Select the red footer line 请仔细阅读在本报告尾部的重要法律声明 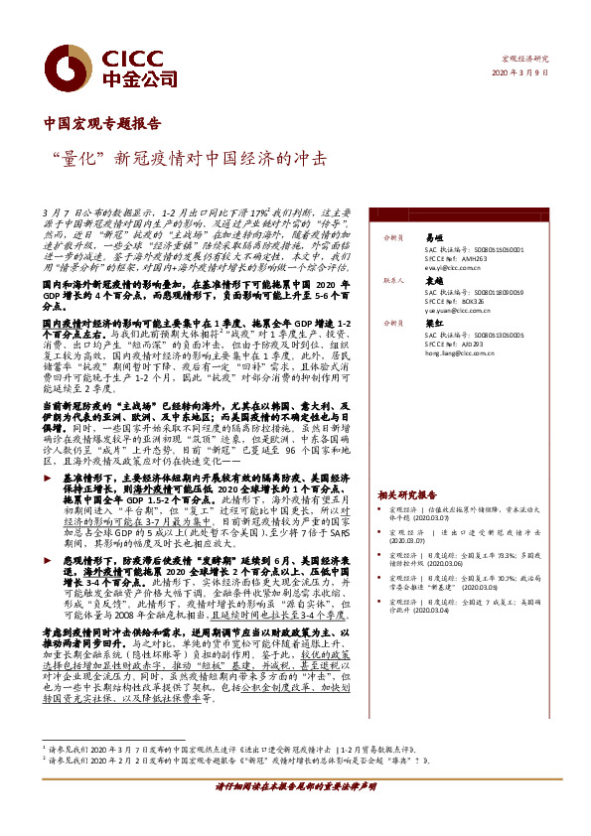tap(295, 813)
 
